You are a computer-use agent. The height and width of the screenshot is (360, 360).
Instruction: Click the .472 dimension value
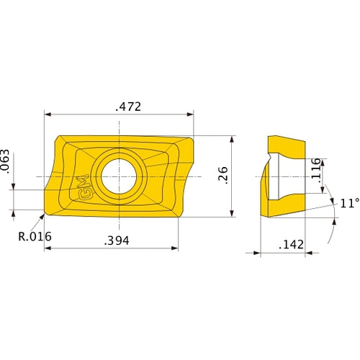point(128,107)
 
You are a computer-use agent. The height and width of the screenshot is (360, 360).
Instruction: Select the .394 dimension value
point(117,240)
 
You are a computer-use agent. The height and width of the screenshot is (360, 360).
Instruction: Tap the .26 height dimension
point(223,175)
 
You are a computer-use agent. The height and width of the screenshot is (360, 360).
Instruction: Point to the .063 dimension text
point(5,161)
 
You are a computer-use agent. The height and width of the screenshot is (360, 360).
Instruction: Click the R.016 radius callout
point(35,237)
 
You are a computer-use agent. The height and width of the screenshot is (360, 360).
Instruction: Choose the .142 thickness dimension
point(292,245)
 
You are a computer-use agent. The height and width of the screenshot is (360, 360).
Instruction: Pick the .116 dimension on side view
point(316,171)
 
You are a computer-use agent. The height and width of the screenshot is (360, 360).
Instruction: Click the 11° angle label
point(350,203)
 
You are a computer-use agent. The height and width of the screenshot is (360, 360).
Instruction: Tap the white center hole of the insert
point(119,176)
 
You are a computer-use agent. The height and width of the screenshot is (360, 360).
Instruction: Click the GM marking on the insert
point(84,187)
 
